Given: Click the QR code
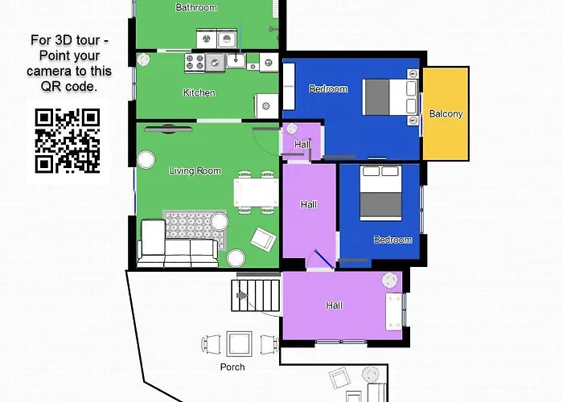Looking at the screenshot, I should (68, 140).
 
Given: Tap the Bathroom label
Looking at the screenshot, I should (195, 8).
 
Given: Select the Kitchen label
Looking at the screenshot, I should (199, 93).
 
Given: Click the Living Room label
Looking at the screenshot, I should (195, 171).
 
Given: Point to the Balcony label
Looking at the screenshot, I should (446, 114).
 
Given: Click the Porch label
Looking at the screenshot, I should (232, 367).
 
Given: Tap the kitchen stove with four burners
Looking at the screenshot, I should (195, 62).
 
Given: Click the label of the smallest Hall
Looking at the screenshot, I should (302, 144).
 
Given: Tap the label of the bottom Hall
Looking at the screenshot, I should (334, 306).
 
